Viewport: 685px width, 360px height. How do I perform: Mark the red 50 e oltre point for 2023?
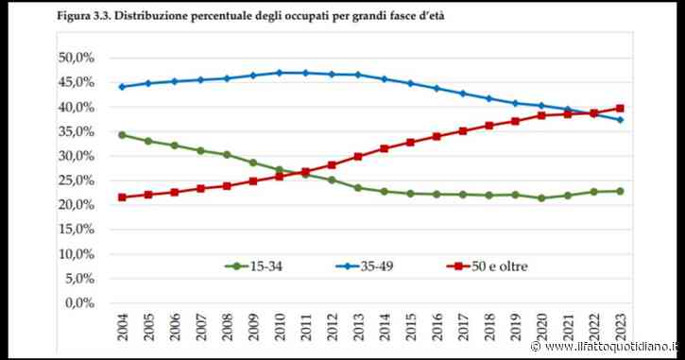pyautogui.click(x=618, y=108)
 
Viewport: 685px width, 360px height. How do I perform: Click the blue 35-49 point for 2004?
pyautogui.click(x=122, y=86)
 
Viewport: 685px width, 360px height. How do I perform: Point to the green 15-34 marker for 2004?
pyautogui.click(x=122, y=134)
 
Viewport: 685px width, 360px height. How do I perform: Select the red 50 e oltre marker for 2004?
pyautogui.click(x=122, y=197)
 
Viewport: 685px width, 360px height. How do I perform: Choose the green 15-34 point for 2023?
pyautogui.click(x=618, y=191)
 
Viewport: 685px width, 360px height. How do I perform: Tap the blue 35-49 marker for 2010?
pyautogui.click(x=279, y=72)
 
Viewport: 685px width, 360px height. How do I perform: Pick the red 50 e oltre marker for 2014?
pyautogui.click(x=383, y=148)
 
